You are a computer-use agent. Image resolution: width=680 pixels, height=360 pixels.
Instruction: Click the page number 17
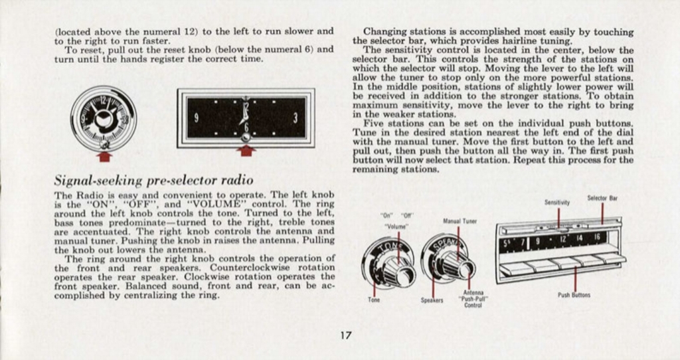(x=345, y=335)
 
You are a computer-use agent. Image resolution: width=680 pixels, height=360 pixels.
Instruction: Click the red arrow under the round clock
(x=104, y=156)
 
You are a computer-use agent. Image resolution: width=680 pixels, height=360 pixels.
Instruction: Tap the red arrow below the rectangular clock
(x=246, y=151)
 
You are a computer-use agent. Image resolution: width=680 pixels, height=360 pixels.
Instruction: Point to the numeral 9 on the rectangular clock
(x=197, y=118)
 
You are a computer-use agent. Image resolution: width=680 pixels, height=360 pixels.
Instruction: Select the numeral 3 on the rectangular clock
(x=295, y=118)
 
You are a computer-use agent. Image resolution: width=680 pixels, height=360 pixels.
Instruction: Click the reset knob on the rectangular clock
(x=246, y=137)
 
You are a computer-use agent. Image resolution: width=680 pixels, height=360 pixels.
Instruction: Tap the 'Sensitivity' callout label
(x=557, y=202)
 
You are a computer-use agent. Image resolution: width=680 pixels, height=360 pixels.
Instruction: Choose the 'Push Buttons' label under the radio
(x=574, y=294)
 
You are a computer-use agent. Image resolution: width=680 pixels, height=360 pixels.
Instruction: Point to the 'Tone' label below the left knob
(x=374, y=300)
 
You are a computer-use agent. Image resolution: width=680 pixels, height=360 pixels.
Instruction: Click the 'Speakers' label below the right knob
(x=432, y=300)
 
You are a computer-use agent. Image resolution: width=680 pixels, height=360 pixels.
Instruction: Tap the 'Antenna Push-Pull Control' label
(x=473, y=300)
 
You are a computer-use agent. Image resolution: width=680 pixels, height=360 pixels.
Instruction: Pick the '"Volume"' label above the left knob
(x=397, y=226)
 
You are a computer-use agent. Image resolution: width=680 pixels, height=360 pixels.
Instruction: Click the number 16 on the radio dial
(x=596, y=237)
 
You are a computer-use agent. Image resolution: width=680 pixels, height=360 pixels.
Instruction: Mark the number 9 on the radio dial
(x=537, y=240)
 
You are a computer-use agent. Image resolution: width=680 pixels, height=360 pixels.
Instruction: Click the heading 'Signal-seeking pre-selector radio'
(x=153, y=180)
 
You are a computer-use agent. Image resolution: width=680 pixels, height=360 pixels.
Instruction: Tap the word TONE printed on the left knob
(x=386, y=250)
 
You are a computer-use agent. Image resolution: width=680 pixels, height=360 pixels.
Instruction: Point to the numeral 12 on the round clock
(x=103, y=101)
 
